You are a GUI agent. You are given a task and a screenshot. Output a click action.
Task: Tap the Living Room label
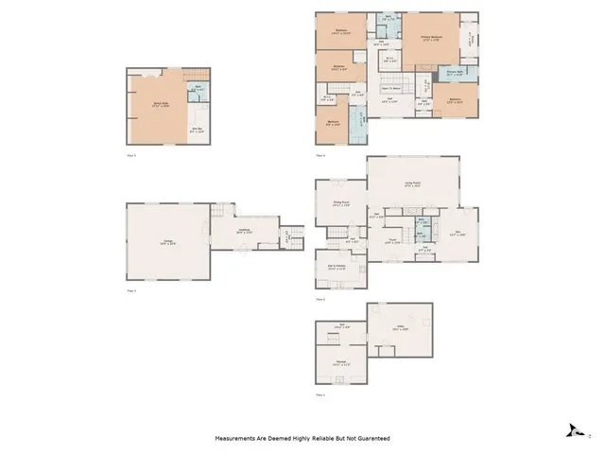pyautogui.click(x=412, y=185)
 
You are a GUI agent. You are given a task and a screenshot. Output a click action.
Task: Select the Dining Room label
pyautogui.click(x=342, y=202)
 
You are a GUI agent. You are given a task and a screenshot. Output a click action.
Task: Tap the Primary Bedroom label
pyautogui.click(x=431, y=38)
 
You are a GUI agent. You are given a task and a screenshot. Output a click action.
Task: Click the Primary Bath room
pyautogui.click(x=455, y=71)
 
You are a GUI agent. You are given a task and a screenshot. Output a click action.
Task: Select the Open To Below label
pyautogui.click(x=391, y=88)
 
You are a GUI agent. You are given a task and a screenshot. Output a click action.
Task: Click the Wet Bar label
pyautogui.click(x=198, y=130)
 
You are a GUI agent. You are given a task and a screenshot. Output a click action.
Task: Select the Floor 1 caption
pyautogui.click(x=320, y=394)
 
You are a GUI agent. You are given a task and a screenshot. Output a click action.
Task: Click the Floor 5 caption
pyautogui.click(x=132, y=153)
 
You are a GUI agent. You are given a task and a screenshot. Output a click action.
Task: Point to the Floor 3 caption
pyautogui.click(x=132, y=290)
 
